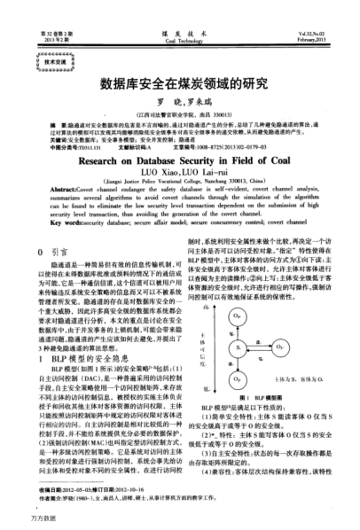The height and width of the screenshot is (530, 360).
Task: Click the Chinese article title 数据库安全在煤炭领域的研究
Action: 180,86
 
